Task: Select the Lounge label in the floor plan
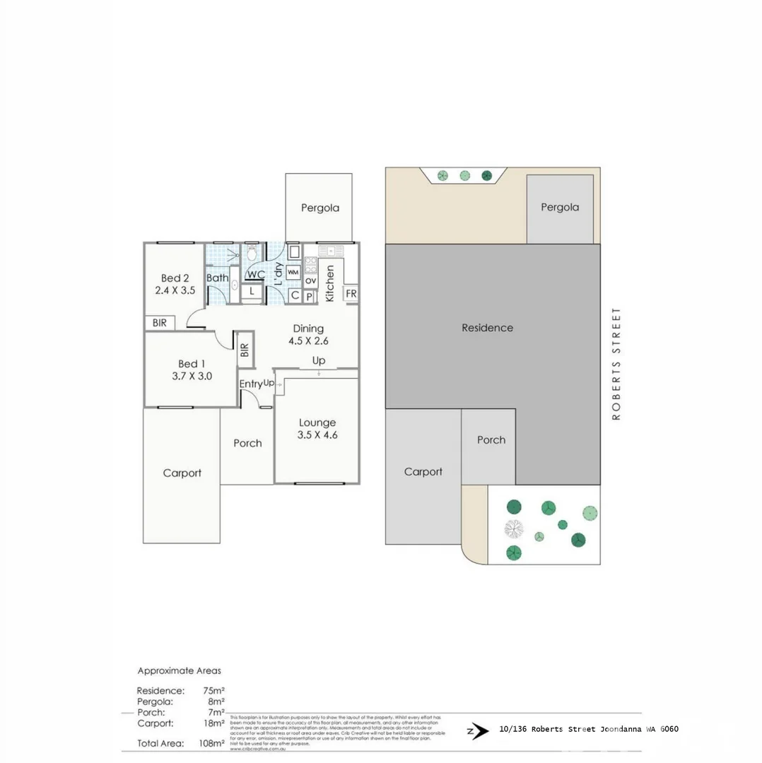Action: (x=317, y=422)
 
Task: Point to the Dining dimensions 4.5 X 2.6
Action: (x=308, y=341)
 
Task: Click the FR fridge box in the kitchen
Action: (x=351, y=294)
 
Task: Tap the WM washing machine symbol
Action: (x=293, y=272)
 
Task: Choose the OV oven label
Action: (x=310, y=281)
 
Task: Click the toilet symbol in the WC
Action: (x=252, y=252)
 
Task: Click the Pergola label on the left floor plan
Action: (x=320, y=208)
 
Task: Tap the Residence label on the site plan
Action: (x=487, y=328)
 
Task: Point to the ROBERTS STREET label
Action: (x=616, y=365)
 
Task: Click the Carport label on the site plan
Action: (x=423, y=472)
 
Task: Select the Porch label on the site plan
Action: (x=491, y=439)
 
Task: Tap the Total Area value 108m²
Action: (x=211, y=743)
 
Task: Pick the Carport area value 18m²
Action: (x=213, y=723)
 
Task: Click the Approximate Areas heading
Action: (x=179, y=670)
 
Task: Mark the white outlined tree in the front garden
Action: (x=513, y=528)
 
